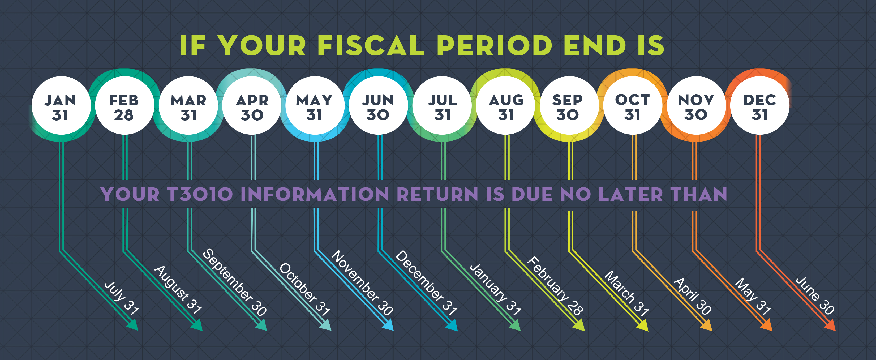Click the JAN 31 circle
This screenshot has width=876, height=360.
coord(61,106)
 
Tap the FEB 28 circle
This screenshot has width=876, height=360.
coord(124,106)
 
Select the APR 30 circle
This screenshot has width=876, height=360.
coord(252,106)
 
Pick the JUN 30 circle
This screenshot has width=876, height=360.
coord(378,106)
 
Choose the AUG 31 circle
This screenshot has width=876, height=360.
coord(506,106)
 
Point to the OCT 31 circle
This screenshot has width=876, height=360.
coord(633,106)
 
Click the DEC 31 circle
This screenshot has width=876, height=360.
coord(760,106)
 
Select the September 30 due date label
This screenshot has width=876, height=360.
coord(235,282)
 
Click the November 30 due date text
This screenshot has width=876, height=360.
coord(362,283)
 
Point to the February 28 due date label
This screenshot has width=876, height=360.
coord(555,286)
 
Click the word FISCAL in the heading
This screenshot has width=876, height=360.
coord(371,46)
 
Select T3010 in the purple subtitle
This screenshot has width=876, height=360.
coord(200,194)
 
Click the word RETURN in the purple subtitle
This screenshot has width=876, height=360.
coord(438,194)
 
